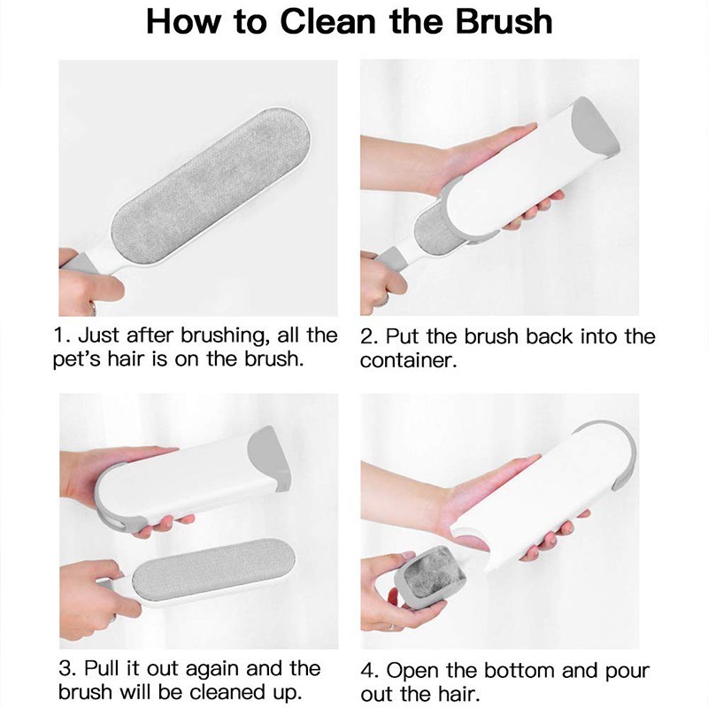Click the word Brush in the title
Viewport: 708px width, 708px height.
tap(504, 21)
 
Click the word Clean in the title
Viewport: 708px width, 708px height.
tap(327, 21)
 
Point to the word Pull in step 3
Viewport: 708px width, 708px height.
tap(104, 668)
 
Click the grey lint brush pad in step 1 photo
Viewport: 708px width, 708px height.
tap(211, 185)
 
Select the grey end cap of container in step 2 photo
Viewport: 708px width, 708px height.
tap(595, 125)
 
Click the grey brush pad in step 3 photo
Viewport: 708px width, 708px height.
tap(213, 570)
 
